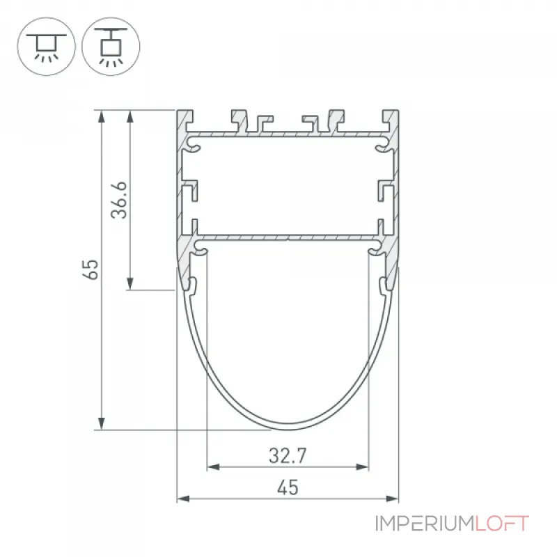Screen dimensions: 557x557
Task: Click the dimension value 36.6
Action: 119,200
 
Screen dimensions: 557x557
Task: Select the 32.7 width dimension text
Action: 288,456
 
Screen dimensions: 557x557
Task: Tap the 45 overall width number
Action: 288,487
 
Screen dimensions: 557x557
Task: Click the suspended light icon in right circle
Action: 111,46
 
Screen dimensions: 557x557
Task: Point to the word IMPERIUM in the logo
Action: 425,524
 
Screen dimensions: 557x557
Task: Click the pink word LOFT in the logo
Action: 501,524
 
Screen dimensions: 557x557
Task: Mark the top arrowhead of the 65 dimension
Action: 102,116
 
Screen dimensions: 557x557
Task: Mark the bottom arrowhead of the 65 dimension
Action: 102,423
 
